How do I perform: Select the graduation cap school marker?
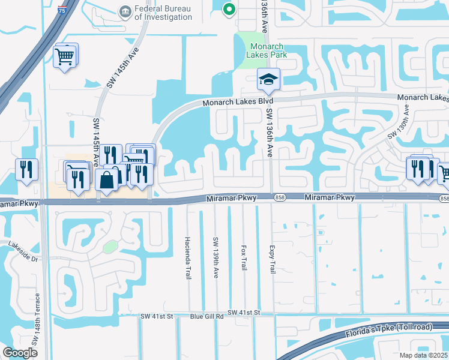tap(268, 79)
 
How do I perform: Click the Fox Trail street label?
tap(244, 256)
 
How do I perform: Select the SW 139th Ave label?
tap(215, 257)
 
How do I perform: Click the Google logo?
tap(20, 353)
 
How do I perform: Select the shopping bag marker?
tap(106, 179)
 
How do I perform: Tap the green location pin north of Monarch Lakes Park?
tap(228, 9)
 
